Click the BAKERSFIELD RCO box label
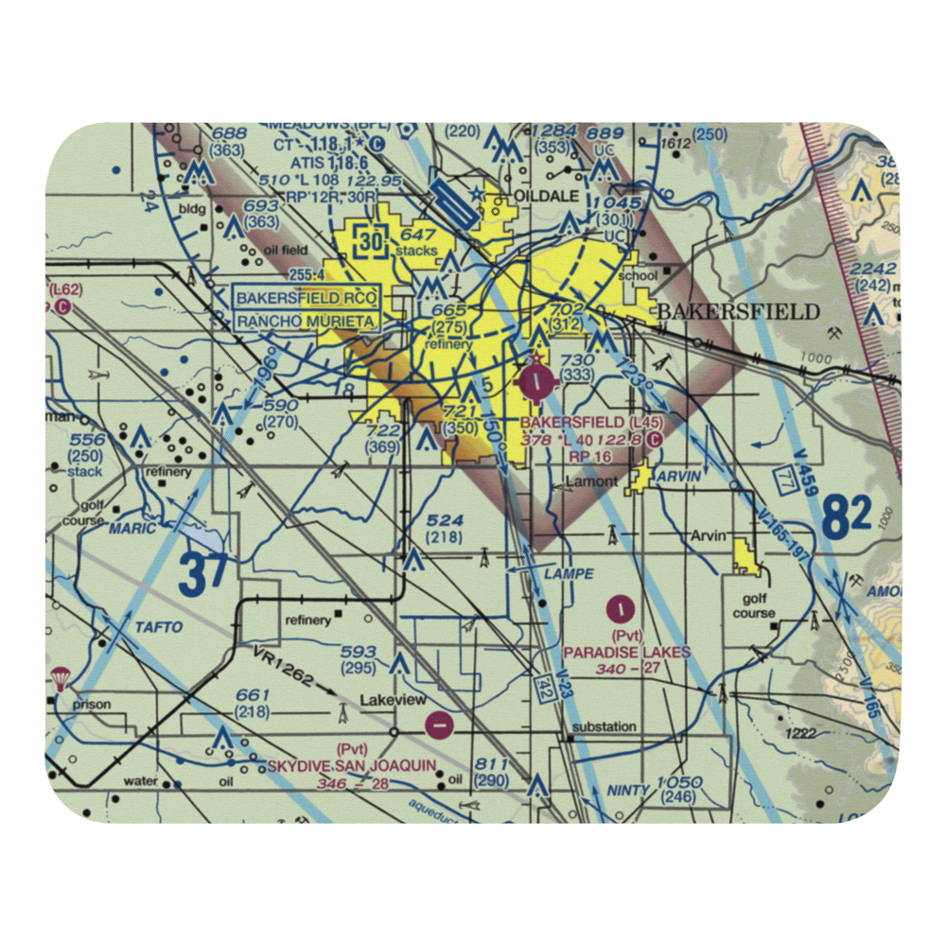[307, 299]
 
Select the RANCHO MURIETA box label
[307, 322]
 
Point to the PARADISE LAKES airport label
[626, 652]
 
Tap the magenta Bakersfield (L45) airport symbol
[538, 381]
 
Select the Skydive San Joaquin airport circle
[438, 726]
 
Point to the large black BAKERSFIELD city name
[738, 312]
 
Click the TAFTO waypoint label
[157, 627]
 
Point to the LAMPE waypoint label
[569, 573]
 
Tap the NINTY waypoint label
[628, 790]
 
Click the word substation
[602, 727]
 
